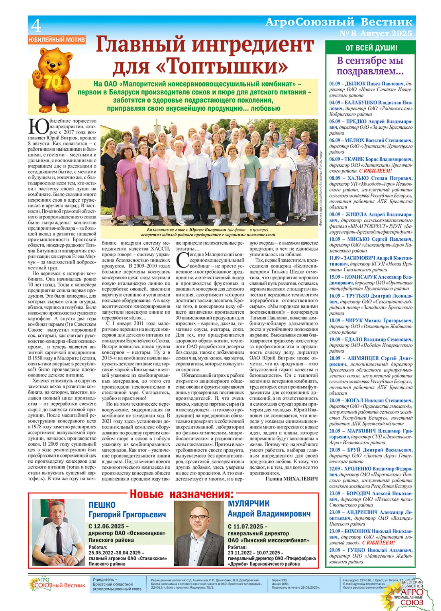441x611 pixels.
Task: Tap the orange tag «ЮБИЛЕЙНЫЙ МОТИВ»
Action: click(57, 40)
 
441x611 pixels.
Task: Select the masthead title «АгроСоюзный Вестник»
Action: click(339, 22)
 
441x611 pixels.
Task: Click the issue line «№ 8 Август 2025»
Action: click(376, 33)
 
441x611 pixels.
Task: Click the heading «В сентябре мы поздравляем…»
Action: click(370, 66)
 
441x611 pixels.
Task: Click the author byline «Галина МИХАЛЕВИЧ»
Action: click(291, 479)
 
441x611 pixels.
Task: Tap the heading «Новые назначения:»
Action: click(181, 494)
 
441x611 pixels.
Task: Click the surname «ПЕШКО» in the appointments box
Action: click(102, 505)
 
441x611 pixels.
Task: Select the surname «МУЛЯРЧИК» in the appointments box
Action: click(249, 503)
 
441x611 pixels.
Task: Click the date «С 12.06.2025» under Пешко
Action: click(109, 526)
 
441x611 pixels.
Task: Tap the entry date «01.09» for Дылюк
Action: click(334, 84)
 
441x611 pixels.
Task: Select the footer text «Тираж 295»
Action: click(279, 580)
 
